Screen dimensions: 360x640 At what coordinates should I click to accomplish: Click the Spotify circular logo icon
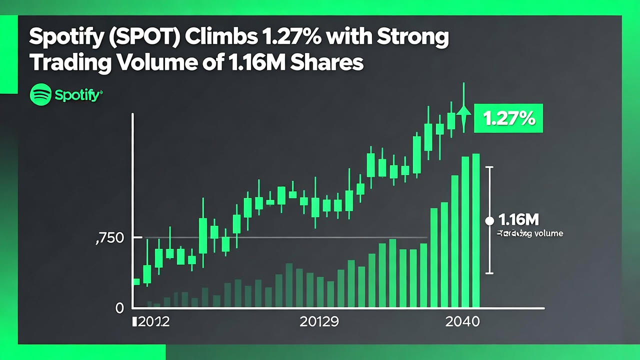(40, 94)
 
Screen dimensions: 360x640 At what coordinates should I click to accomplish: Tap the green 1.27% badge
(508, 118)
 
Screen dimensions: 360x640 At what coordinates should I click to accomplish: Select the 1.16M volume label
(518, 220)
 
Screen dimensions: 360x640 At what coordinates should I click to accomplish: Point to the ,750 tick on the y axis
(109, 238)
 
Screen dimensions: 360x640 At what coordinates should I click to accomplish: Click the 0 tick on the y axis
(119, 308)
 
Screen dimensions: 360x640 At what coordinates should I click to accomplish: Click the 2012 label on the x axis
(151, 321)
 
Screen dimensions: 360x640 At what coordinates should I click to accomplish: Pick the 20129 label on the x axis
(319, 321)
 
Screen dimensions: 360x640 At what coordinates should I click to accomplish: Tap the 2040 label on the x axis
(462, 321)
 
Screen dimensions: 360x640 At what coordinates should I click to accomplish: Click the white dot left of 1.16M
(489, 220)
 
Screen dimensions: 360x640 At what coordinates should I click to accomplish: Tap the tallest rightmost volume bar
(476, 230)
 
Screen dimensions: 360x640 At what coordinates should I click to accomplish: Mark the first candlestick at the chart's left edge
(136, 281)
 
